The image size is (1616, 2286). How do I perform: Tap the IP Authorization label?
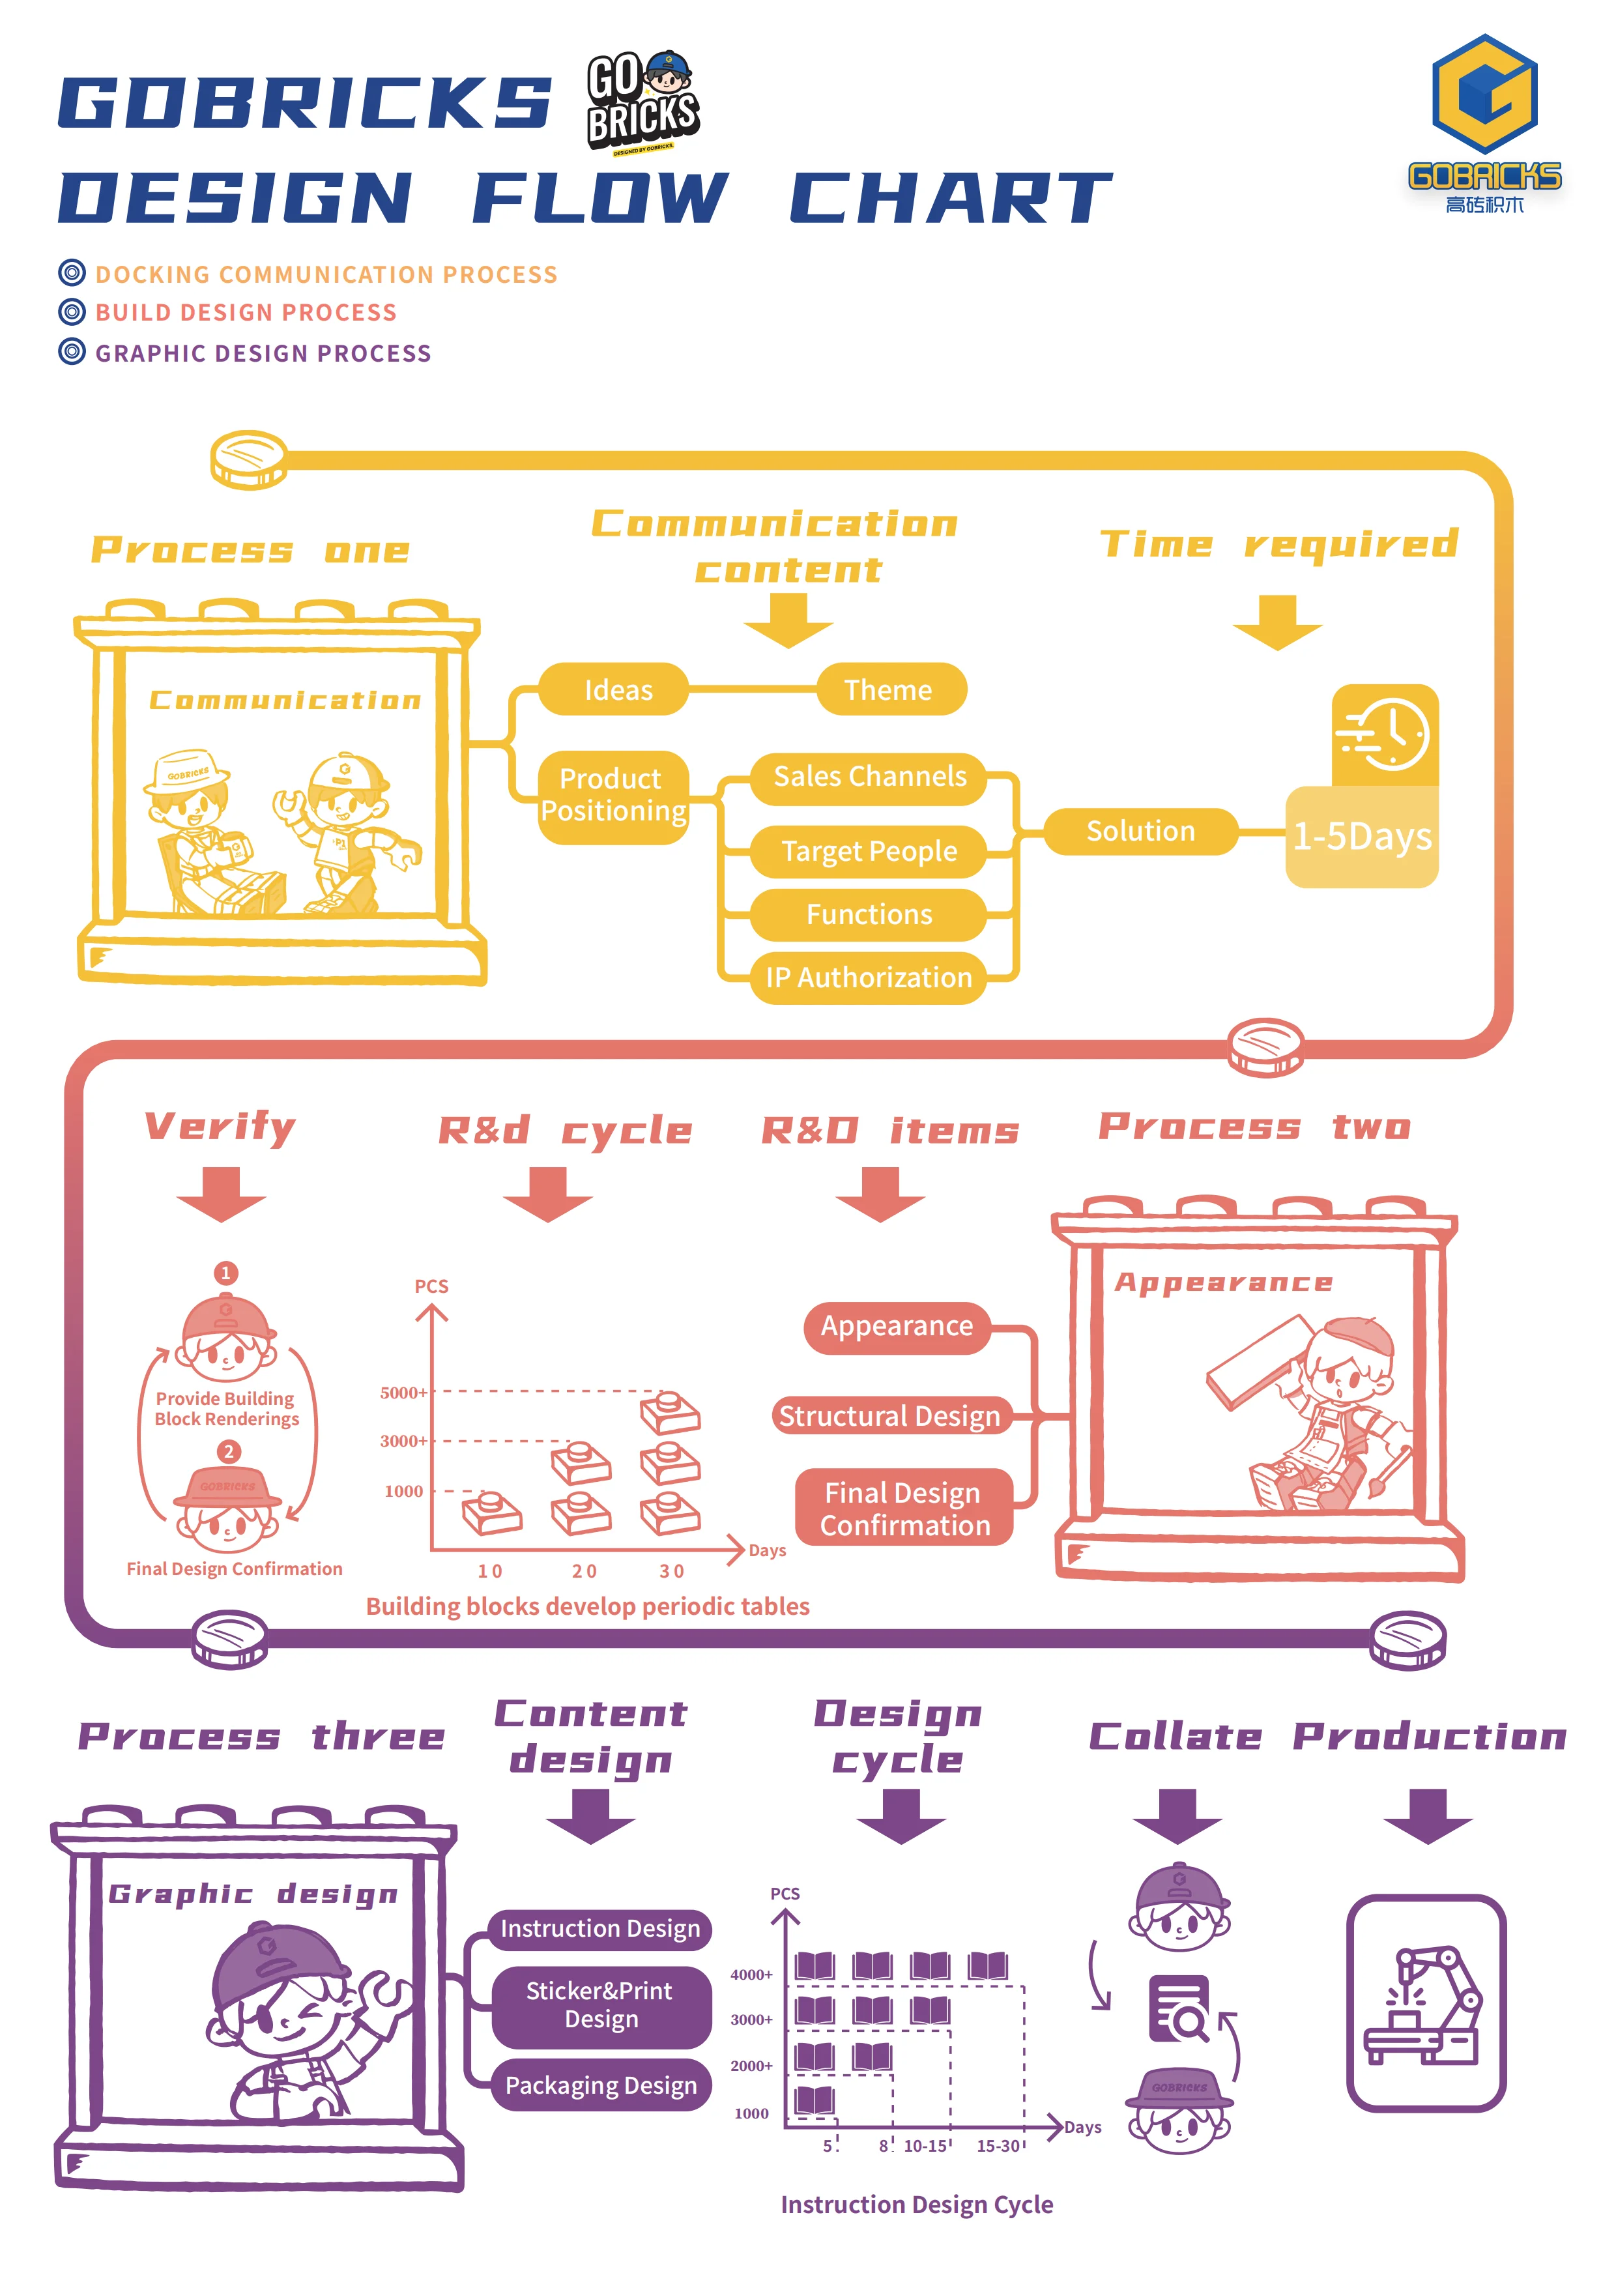coord(868,977)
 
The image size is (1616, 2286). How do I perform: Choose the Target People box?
coord(868,851)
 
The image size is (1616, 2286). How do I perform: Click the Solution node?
coord(1140,832)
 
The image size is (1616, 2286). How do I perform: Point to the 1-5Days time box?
coord(1361,836)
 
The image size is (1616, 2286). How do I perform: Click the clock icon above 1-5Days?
coord(1385,735)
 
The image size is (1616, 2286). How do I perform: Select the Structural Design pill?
coord(890,1416)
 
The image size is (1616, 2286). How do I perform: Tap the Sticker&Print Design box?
coord(600,2005)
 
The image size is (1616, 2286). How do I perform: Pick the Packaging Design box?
coord(600,2085)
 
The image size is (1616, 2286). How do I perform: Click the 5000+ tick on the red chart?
coord(403,1393)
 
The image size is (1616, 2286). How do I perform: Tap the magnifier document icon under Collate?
coord(1180,2009)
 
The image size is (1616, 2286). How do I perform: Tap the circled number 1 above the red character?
coord(226,1273)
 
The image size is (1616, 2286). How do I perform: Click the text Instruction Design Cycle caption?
coord(916,2205)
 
